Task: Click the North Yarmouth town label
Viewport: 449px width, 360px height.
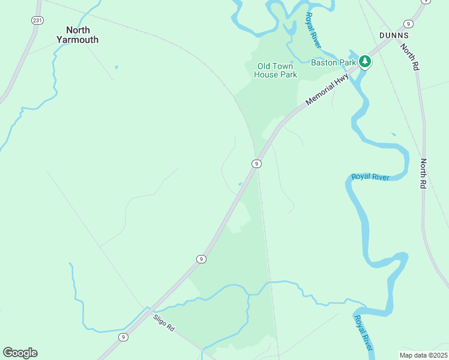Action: pyautogui.click(x=77, y=35)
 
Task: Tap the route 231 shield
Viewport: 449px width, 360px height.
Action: pyautogui.click(x=37, y=20)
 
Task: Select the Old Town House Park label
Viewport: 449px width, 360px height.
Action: pyautogui.click(x=276, y=70)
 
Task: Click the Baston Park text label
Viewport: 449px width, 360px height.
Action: pyautogui.click(x=333, y=62)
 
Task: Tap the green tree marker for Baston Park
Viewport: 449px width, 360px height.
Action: pyautogui.click(x=364, y=61)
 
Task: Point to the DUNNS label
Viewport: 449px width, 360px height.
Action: pyautogui.click(x=394, y=35)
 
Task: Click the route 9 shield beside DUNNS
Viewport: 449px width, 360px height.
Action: pyautogui.click(x=408, y=24)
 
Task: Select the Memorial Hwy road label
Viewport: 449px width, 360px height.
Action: pyautogui.click(x=327, y=86)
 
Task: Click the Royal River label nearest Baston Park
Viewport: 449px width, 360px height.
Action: pyautogui.click(x=313, y=30)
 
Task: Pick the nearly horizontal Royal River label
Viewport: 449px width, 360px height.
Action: pyautogui.click(x=370, y=176)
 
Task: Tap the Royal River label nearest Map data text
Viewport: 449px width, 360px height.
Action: pyautogui.click(x=364, y=333)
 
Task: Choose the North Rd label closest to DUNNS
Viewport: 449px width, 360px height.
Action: pyautogui.click(x=409, y=58)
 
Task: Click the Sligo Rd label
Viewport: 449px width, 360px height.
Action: pyautogui.click(x=163, y=323)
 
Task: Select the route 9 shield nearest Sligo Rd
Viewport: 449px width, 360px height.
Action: pyautogui.click(x=123, y=337)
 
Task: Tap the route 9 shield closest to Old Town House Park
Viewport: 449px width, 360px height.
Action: pyautogui.click(x=256, y=164)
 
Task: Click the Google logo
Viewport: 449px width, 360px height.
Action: pyautogui.click(x=20, y=352)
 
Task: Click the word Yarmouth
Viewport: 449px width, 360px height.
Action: pyautogui.click(x=77, y=40)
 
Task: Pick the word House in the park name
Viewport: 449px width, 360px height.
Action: pyautogui.click(x=267, y=75)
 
